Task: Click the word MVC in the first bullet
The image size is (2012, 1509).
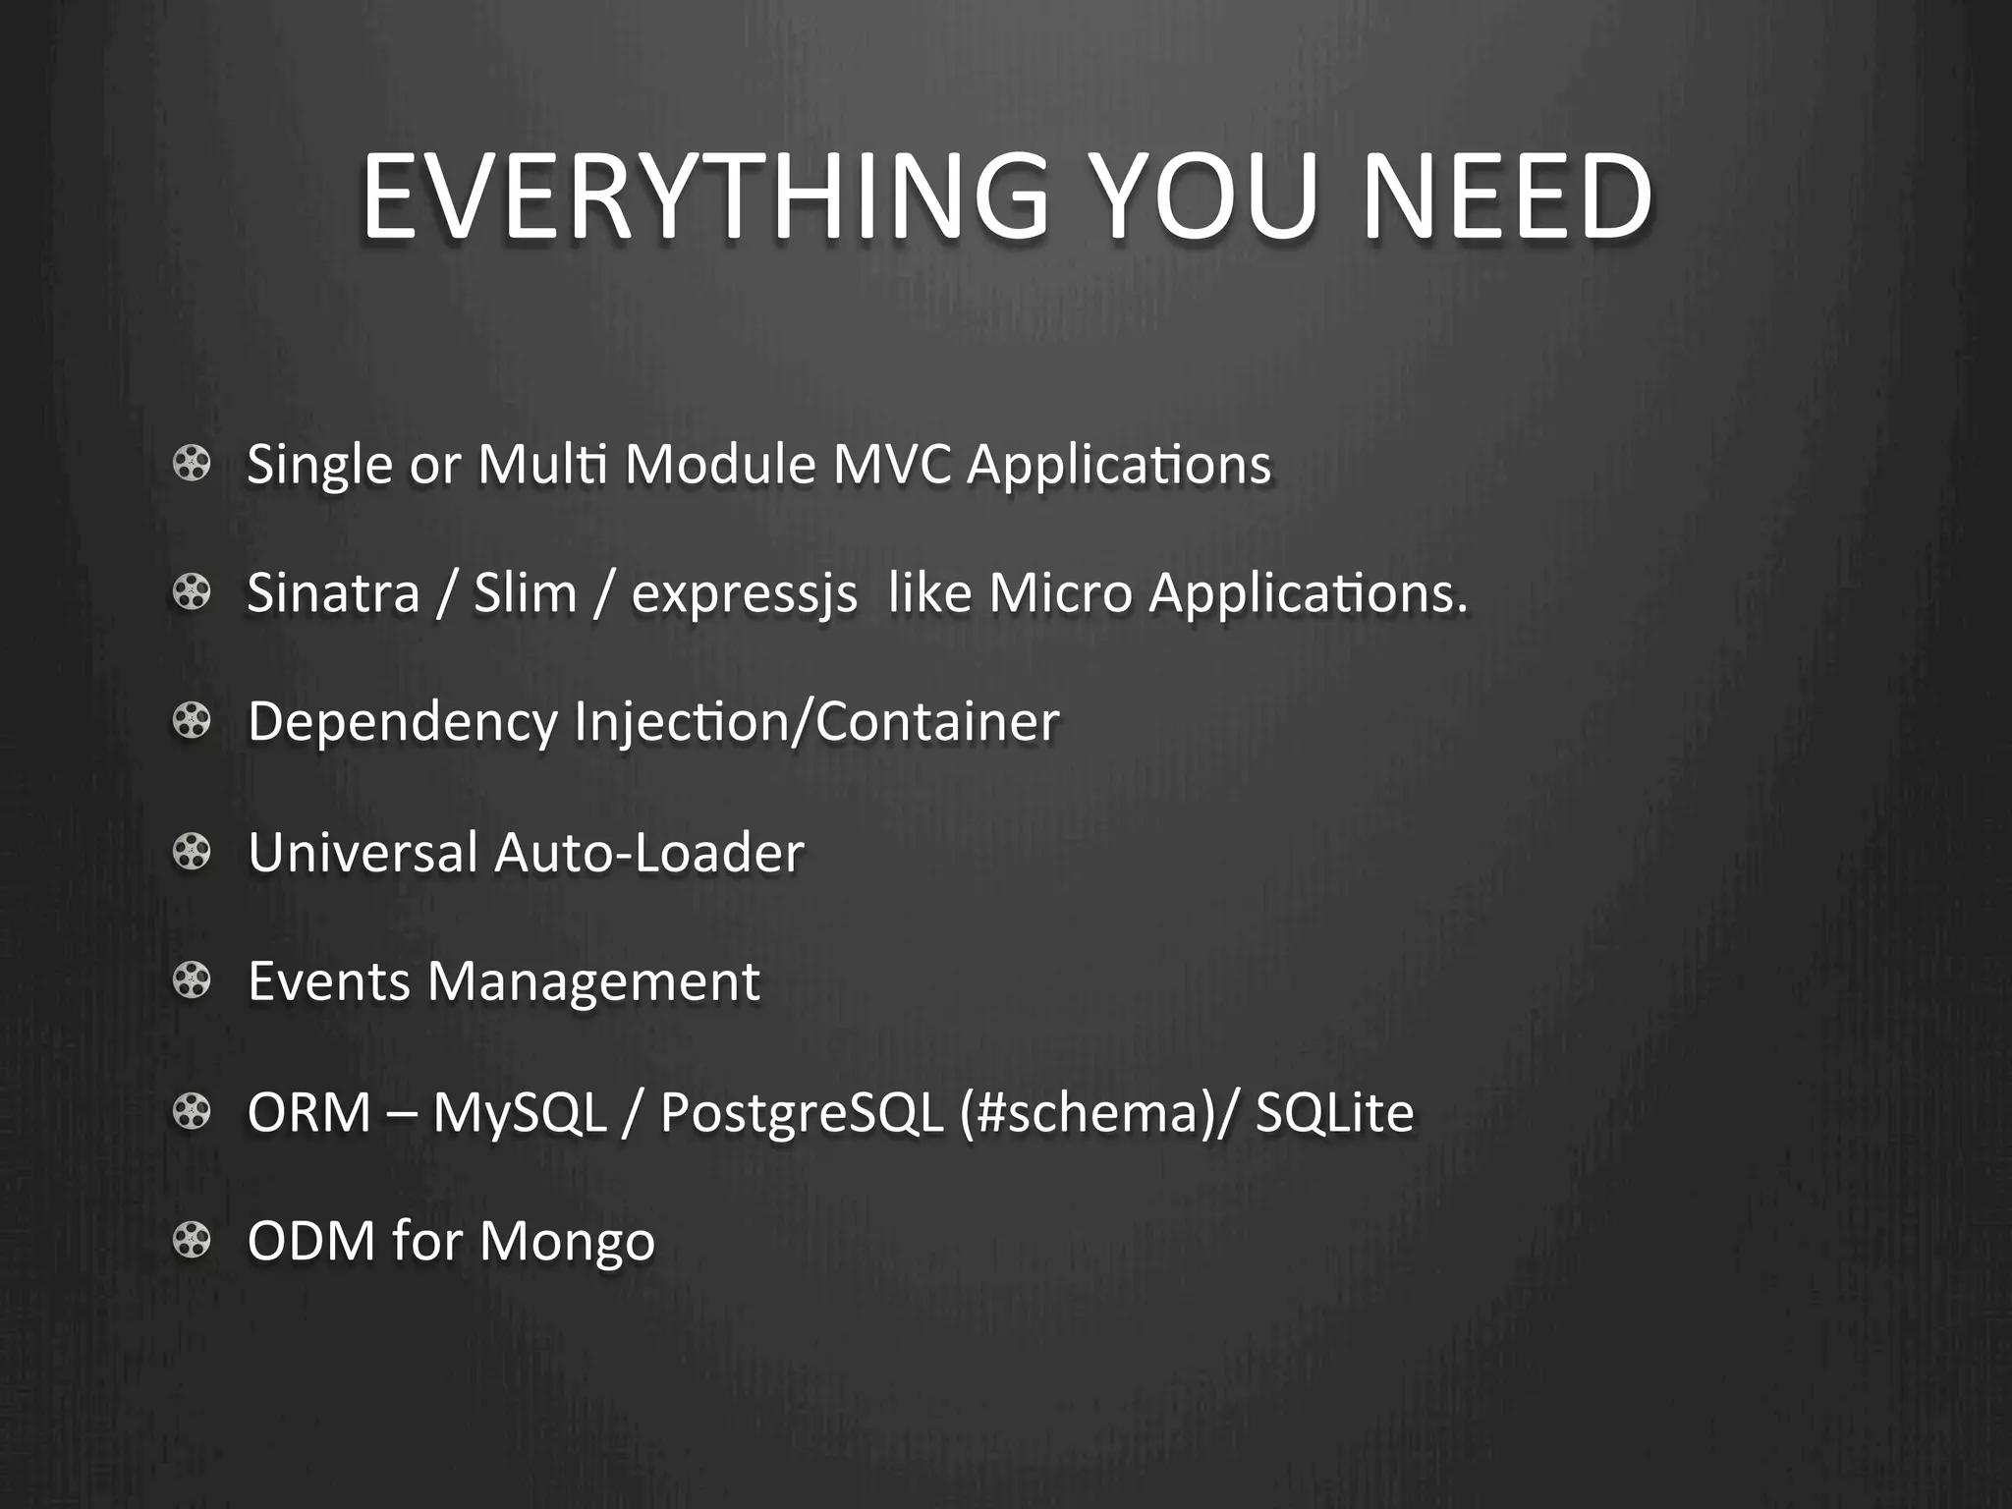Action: [892, 464]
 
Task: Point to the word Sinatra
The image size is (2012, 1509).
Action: [333, 593]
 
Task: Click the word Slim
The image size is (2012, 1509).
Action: [525, 593]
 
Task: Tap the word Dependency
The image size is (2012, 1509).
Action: [403, 723]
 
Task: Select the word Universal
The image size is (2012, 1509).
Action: [363, 852]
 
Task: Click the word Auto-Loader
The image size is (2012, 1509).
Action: [649, 852]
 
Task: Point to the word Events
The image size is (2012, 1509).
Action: [328, 981]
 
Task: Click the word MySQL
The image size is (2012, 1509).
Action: [520, 1113]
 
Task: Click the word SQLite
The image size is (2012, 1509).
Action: [1334, 1112]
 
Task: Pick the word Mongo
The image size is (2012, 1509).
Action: [567, 1242]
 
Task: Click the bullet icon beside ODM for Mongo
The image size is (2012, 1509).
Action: [192, 1240]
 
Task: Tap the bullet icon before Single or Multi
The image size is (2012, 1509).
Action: [192, 464]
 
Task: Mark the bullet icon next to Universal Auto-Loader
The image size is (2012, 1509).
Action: [192, 852]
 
